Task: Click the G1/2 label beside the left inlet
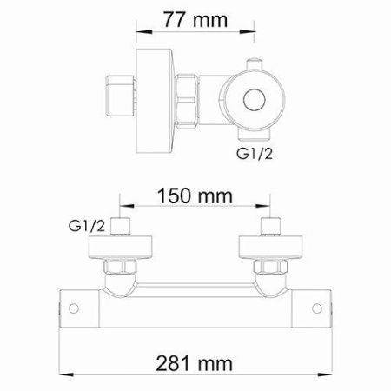[88, 228]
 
